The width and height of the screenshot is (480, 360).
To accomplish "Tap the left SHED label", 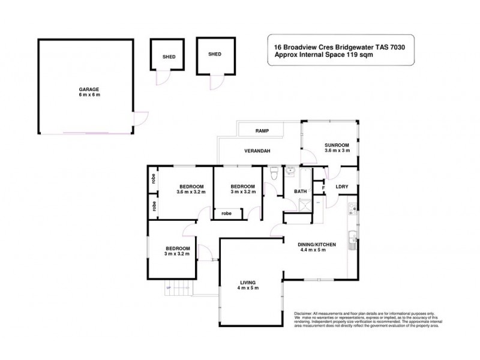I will point(169,58).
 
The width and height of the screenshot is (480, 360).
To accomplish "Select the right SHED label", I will point(214,54).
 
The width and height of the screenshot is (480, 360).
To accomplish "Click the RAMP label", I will point(262,130).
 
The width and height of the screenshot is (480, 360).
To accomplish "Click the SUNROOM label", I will point(337,145).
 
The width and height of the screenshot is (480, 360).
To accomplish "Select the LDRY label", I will point(343,187).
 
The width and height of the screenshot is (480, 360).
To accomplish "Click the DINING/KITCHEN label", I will point(317,244).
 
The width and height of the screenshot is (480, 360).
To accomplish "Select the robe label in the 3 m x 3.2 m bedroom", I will point(227,213).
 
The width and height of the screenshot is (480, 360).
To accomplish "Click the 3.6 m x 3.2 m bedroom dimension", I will point(191,192).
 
